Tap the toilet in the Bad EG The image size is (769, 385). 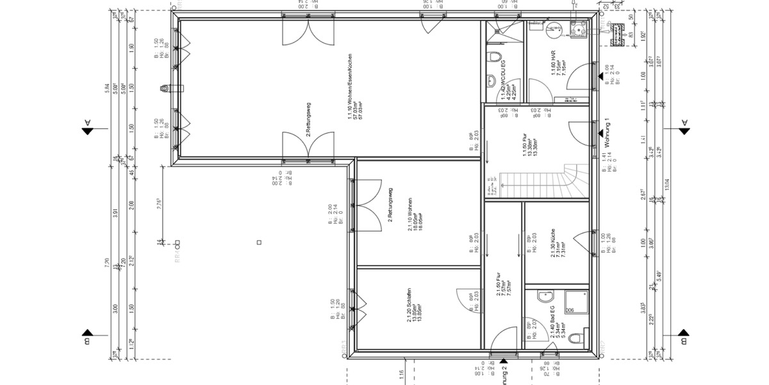(x=576, y=338)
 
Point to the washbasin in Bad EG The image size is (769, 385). (x=545, y=297)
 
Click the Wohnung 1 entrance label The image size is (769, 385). (x=603, y=131)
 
